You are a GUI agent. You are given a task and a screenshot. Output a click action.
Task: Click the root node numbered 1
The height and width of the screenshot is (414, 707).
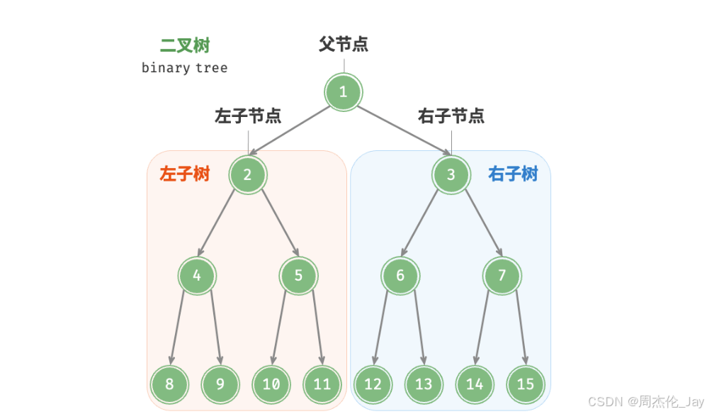(x=344, y=92)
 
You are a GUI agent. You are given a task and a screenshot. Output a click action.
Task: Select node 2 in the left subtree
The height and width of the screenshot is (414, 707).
(x=248, y=174)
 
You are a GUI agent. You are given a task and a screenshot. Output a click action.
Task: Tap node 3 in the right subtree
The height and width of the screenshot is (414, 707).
(x=451, y=174)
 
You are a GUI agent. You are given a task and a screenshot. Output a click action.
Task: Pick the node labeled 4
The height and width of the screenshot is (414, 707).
(x=197, y=276)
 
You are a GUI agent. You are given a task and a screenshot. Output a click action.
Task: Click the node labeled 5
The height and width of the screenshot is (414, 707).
(x=298, y=276)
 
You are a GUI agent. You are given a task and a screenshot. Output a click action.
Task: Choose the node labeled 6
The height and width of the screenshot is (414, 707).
(x=400, y=276)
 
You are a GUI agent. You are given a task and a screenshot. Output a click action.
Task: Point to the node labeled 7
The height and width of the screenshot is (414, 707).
(x=502, y=276)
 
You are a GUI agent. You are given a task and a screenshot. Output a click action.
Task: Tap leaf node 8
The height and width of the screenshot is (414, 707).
(x=169, y=384)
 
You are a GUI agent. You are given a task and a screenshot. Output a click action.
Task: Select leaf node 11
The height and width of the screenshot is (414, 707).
(x=322, y=384)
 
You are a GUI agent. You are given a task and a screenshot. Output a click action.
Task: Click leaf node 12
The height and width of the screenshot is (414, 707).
(x=373, y=384)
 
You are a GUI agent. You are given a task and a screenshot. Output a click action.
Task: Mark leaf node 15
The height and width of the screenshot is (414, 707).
(x=526, y=384)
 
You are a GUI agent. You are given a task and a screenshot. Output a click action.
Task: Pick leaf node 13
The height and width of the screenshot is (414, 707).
(x=424, y=384)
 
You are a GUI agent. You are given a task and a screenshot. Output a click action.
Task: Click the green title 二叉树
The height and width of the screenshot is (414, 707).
(x=185, y=46)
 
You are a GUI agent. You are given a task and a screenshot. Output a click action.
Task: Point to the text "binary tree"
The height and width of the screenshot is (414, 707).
(x=184, y=68)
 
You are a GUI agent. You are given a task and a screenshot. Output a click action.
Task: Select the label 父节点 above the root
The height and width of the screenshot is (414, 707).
(x=344, y=45)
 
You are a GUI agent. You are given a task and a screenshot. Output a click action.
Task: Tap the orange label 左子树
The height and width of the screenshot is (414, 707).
(x=185, y=174)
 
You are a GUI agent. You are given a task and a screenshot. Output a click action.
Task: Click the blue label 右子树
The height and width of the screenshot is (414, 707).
(x=513, y=174)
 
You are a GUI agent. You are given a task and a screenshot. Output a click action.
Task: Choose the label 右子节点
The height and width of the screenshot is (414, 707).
(x=451, y=116)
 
